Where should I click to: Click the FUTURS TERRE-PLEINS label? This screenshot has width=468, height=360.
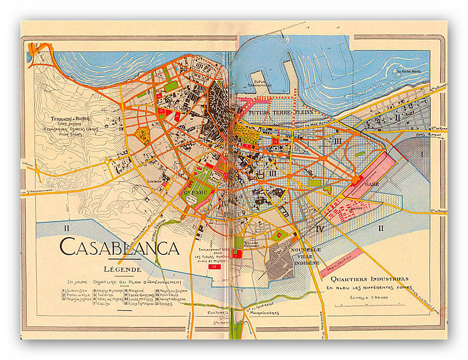pos(281,112)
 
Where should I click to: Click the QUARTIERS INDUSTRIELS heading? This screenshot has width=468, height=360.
pos(369,279)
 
